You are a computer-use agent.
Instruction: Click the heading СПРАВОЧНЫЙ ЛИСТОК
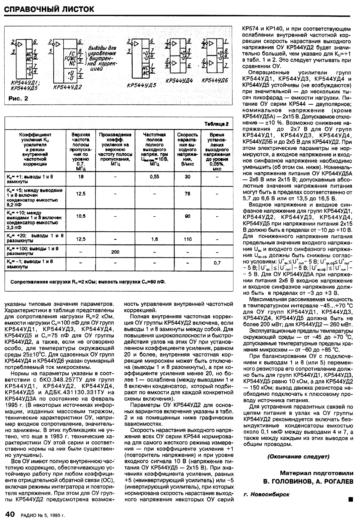coord(49,9)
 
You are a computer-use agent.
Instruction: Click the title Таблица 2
coord(217,124)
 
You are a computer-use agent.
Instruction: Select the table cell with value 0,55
coord(154,177)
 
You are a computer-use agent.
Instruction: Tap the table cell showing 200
coord(115,252)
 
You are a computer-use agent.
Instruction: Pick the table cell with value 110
coord(188,239)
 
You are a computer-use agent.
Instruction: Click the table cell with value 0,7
coord(217,263)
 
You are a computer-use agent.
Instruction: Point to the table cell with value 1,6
coord(154,239)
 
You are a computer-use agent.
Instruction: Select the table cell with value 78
coord(188,194)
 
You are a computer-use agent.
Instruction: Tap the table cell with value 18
coord(81,177)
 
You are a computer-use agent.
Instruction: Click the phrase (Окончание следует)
coord(298,456)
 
